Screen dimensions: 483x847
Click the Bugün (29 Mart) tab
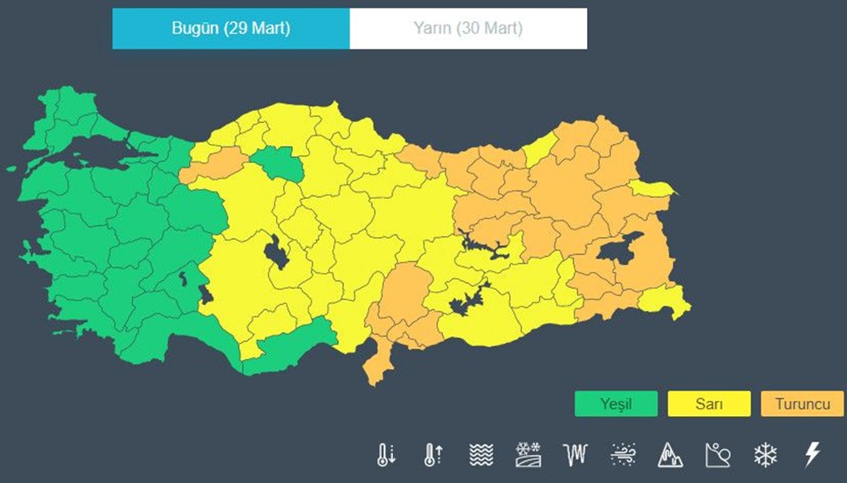pyautogui.click(x=230, y=29)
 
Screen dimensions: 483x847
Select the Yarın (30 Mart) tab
pyautogui.click(x=468, y=29)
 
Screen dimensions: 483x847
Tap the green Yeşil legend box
pyautogui.click(x=616, y=404)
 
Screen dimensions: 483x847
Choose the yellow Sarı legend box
pyautogui.click(x=709, y=404)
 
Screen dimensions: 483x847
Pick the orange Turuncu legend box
pyautogui.click(x=802, y=404)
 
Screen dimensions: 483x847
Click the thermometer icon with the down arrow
pyautogui.click(x=386, y=455)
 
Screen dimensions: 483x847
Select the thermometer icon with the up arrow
pyautogui.click(x=433, y=455)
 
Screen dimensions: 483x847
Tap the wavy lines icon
pyautogui.click(x=481, y=455)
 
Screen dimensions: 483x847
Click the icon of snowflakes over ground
pyautogui.click(x=529, y=455)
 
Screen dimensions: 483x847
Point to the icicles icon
pyautogui.click(x=575, y=455)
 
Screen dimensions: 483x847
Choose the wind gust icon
pyautogui.click(x=623, y=455)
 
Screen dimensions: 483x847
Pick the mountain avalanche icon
pyautogui.click(x=670, y=455)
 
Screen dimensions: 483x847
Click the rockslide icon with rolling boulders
pyautogui.click(x=717, y=455)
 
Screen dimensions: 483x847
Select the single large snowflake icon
pyautogui.click(x=765, y=455)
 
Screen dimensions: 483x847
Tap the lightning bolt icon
pyautogui.click(x=811, y=455)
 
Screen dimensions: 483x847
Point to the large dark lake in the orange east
pyautogui.click(x=620, y=248)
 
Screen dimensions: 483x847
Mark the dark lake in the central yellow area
pyautogui.click(x=275, y=253)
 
